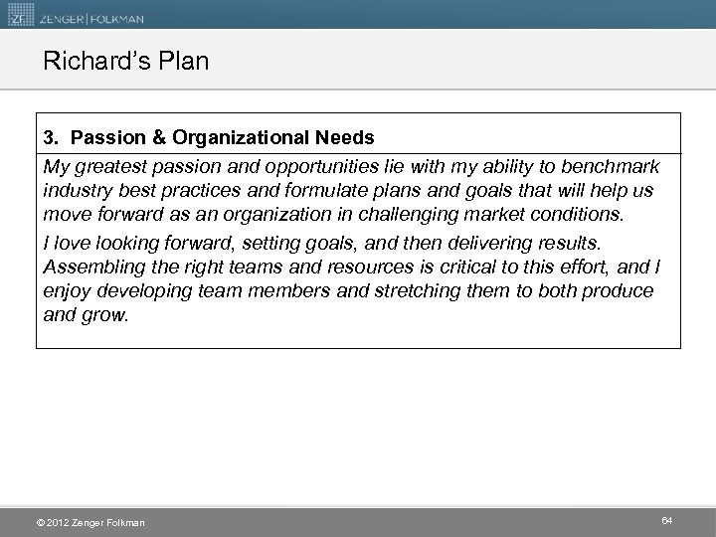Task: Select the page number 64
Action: click(x=666, y=520)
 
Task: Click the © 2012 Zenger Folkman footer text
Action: click(x=89, y=522)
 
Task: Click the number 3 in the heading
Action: click(x=49, y=138)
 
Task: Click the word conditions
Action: click(x=589, y=215)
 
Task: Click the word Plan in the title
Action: click(x=184, y=62)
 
